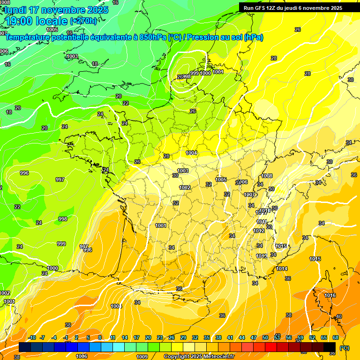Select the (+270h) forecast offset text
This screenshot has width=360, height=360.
tap(84, 21)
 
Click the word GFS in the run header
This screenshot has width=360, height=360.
tap(260, 8)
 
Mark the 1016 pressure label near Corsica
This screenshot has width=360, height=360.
tap(330, 295)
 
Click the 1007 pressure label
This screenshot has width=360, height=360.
tap(249, 195)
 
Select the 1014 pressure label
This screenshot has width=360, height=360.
tap(282, 269)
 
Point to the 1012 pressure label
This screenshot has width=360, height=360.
tap(259, 231)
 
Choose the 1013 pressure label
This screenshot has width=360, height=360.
tap(262, 256)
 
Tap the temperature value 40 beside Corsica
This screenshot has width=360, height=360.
tap(339, 317)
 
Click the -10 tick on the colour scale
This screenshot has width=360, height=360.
tap(32, 337)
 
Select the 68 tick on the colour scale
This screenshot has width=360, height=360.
tap(336, 337)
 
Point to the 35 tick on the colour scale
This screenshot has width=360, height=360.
tap(207, 337)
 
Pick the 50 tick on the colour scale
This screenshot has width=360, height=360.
tap(265, 337)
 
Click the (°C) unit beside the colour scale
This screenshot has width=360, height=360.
tap(345, 348)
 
